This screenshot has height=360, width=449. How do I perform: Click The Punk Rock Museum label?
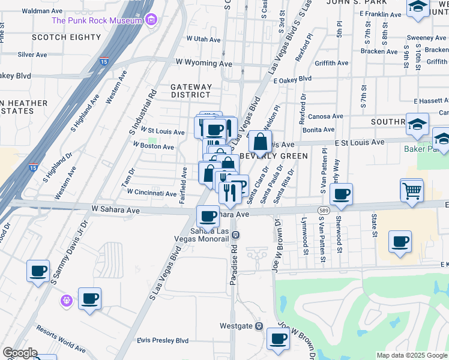click(x=97, y=20)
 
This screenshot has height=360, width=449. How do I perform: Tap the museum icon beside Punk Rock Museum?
click(x=150, y=20)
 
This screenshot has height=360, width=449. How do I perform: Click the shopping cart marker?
click(x=411, y=191)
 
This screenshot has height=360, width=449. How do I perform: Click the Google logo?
click(x=19, y=353)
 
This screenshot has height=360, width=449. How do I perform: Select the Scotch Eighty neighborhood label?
click(x=66, y=37)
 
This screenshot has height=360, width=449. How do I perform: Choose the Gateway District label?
click(x=191, y=91)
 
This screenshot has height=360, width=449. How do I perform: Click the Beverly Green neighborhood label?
click(x=274, y=156)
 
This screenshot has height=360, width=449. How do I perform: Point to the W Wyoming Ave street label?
click(x=203, y=63)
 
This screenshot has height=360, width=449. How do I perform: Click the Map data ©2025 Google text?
click(x=411, y=355)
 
